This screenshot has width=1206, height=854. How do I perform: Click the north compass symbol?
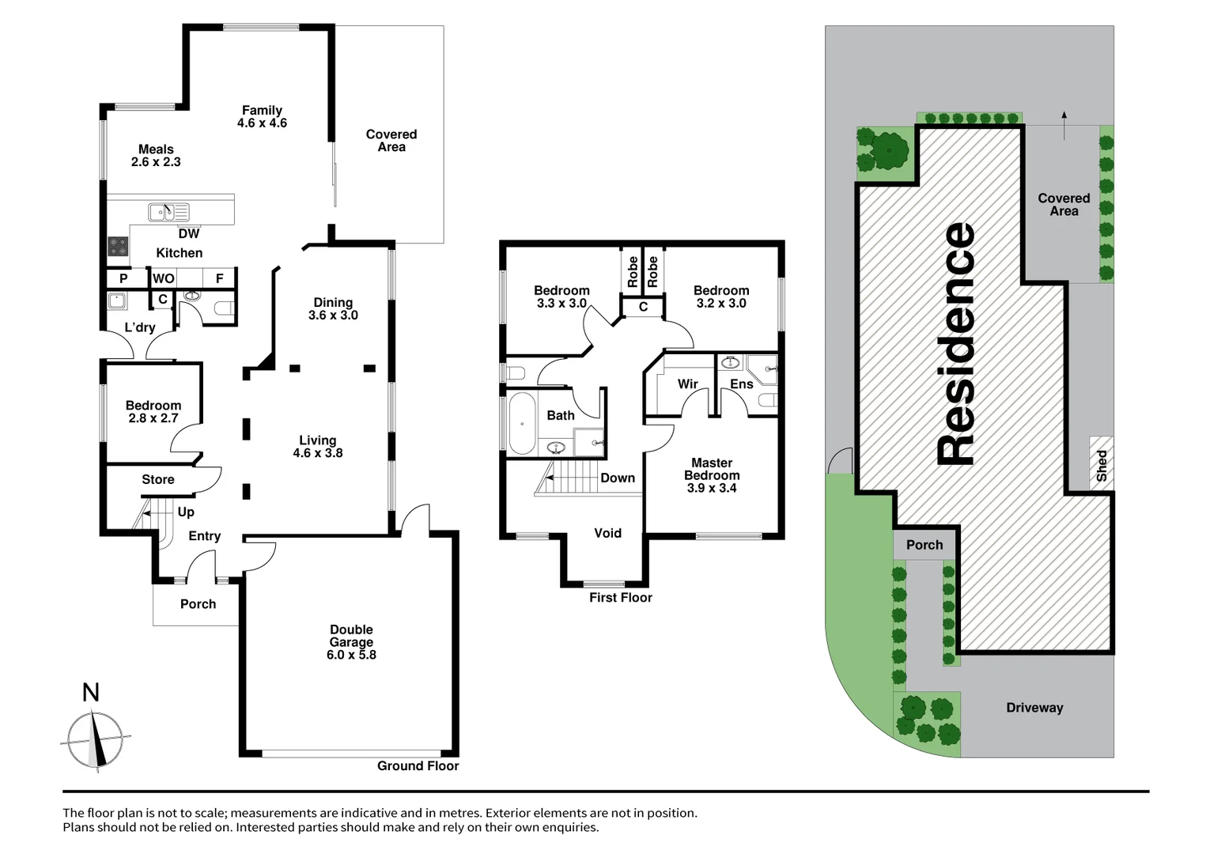pos(95,739)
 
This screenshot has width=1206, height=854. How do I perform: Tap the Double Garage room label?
pos(351,642)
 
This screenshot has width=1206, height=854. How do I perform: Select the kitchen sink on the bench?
pos(168,212)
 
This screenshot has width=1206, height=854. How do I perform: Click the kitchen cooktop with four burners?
pos(118,247)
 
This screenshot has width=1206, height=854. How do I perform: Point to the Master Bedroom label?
pos(712,475)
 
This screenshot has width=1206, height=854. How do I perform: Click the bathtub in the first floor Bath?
pos(521,423)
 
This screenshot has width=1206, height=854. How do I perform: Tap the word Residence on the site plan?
pos(955,344)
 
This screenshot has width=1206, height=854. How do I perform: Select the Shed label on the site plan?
pos(1102,466)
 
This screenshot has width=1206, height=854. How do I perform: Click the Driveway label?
pos(1034,708)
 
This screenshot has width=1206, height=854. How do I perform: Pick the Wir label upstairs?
pos(687,384)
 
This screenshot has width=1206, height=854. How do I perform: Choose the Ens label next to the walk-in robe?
pos(741,384)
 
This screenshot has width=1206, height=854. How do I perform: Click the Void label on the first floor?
pos(607,533)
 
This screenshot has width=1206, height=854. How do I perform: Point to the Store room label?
pos(158,479)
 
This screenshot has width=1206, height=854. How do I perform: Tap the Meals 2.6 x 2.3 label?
pos(156,155)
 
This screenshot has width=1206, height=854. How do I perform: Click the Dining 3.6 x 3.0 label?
pos(333,308)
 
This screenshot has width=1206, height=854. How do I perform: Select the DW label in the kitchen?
pos(189,233)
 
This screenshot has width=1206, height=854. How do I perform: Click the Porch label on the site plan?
pos(924,545)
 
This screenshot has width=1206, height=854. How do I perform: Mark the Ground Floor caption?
pos(418,765)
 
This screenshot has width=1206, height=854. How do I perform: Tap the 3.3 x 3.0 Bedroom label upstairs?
pos(561,297)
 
